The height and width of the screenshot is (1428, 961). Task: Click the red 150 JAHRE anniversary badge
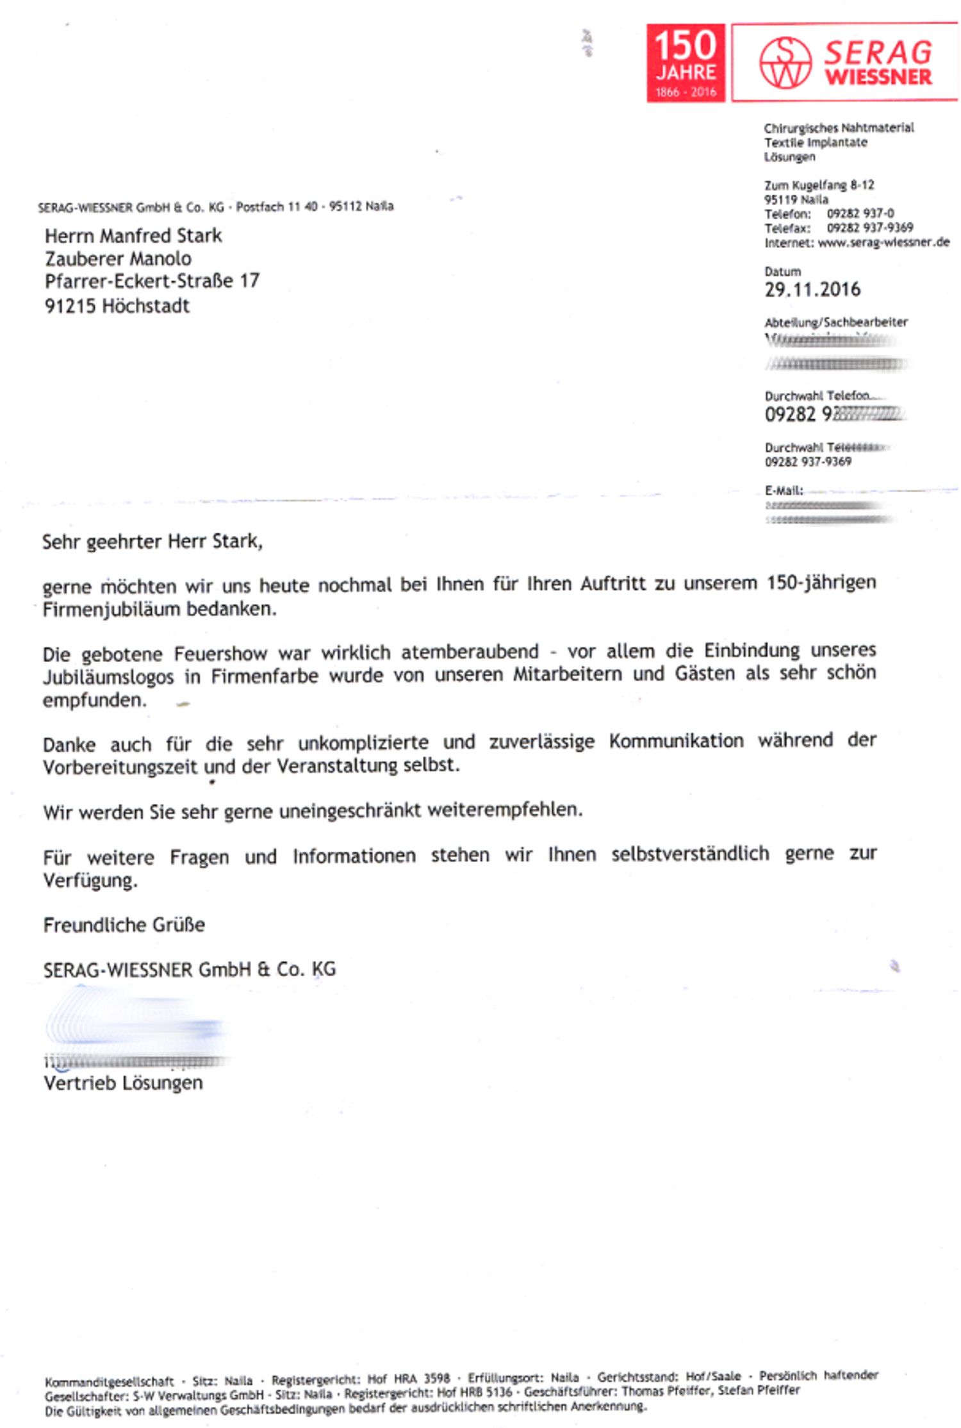coord(685,63)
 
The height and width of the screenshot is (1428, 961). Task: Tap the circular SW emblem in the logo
coord(785,63)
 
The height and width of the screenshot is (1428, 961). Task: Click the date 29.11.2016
coord(812,290)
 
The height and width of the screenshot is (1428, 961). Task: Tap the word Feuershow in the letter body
coord(220,653)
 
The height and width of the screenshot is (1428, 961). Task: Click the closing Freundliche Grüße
coord(124,925)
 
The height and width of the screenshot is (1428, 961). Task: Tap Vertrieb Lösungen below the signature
coord(123,1083)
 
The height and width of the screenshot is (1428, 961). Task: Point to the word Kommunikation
coord(676,741)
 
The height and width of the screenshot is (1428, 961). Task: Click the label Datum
coord(782,272)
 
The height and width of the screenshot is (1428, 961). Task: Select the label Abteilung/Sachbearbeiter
coord(835,322)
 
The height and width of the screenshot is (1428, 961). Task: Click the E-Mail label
coord(784,491)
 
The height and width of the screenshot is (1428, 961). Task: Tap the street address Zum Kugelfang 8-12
coord(819,185)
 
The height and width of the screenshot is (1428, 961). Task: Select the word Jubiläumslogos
coord(108,677)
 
